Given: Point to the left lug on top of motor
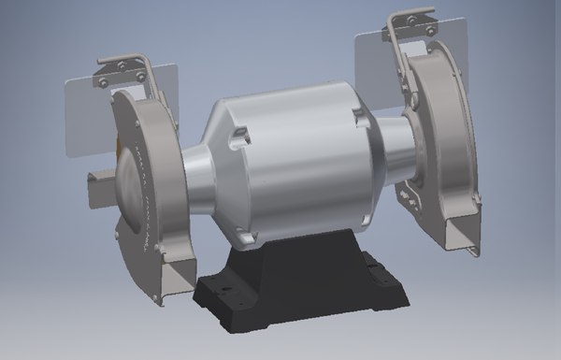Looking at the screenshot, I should [239, 137].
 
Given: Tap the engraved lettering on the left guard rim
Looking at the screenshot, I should [141, 178].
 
